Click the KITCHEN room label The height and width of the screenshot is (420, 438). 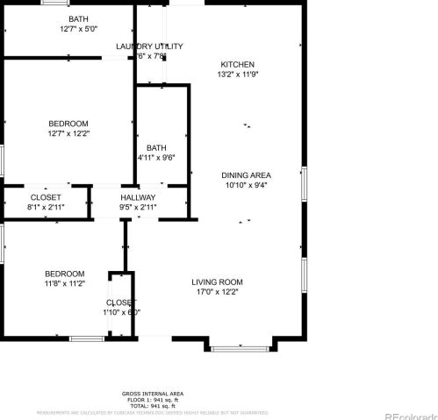point(237,65)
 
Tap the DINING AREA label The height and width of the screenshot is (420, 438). point(245,174)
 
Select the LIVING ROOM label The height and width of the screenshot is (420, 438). point(217,281)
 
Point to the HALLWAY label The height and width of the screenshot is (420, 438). point(138,197)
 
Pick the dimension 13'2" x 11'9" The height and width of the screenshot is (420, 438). point(237,75)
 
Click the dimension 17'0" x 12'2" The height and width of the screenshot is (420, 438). point(217,292)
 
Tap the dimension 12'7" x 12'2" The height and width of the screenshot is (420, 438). point(68,133)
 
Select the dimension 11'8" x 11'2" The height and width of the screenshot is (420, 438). point(66,284)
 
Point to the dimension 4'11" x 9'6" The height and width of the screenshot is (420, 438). point(156,158)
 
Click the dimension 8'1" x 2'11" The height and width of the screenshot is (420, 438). point(46,208)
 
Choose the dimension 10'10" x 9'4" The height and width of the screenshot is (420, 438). point(245,185)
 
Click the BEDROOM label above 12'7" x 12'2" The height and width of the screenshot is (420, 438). point(68,123)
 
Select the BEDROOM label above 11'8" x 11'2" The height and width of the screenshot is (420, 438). point(66,274)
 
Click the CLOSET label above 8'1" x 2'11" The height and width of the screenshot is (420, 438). point(46,197)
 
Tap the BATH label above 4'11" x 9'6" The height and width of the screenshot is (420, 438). point(156,147)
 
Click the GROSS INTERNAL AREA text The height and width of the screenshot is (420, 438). point(152,394)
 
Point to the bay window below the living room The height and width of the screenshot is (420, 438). point(239,348)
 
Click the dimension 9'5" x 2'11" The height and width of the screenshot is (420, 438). point(138,208)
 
